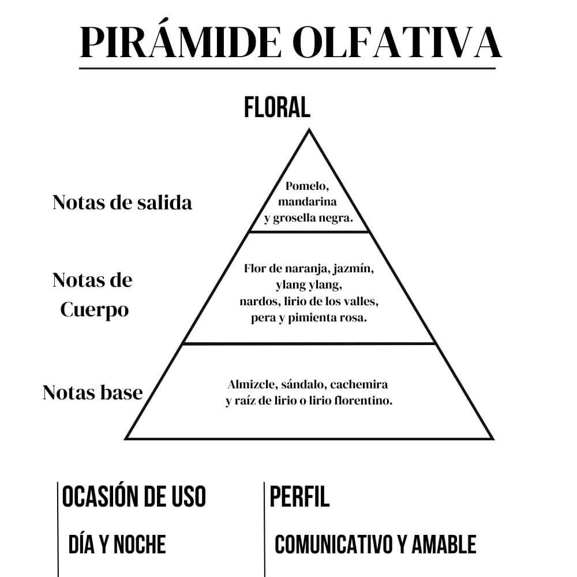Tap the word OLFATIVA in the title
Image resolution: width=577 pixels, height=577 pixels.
pyautogui.click(x=397, y=42)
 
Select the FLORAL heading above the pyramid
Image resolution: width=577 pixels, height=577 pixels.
pyautogui.click(x=277, y=107)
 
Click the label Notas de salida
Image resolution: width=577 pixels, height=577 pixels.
pyautogui.click(x=122, y=203)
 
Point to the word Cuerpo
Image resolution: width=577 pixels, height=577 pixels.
pyautogui.click(x=95, y=310)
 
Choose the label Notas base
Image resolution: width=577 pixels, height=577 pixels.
pyautogui.click(x=93, y=392)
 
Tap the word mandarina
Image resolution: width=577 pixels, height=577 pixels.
pyautogui.click(x=308, y=201)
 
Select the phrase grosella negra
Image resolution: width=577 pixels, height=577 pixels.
pyautogui.click(x=313, y=218)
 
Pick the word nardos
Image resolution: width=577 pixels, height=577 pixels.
pyautogui.click(x=260, y=301)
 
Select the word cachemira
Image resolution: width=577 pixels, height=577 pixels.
pyautogui.click(x=359, y=384)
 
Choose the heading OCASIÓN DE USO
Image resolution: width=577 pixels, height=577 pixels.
pyautogui.click(x=134, y=496)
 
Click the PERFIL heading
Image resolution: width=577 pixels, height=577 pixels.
pyautogui.click(x=299, y=496)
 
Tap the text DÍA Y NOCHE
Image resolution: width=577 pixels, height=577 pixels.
pyautogui.click(x=117, y=544)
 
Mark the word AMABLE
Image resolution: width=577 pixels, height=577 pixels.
pyautogui.click(x=444, y=544)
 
